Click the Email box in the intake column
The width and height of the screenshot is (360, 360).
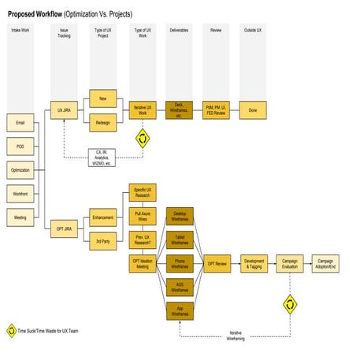[20, 123]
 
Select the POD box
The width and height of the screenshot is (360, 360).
[20, 147]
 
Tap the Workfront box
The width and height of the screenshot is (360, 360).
[20, 193]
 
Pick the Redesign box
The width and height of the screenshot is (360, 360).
[103, 124]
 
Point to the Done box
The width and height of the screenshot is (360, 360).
[252, 111]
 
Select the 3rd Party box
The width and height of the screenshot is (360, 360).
[103, 241]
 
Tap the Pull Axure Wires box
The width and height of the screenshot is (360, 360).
[143, 215]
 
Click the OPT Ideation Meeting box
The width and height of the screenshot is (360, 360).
[143, 264]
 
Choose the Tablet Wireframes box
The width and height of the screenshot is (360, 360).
[180, 241]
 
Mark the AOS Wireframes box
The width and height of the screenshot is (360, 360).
[180, 288]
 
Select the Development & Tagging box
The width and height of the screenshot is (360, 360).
[253, 264]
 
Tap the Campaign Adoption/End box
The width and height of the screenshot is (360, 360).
[326, 264]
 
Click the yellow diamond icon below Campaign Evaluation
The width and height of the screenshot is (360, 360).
[290, 302]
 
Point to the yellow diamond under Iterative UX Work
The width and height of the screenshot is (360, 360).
[143, 139]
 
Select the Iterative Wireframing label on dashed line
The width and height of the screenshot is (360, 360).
[236, 336]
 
